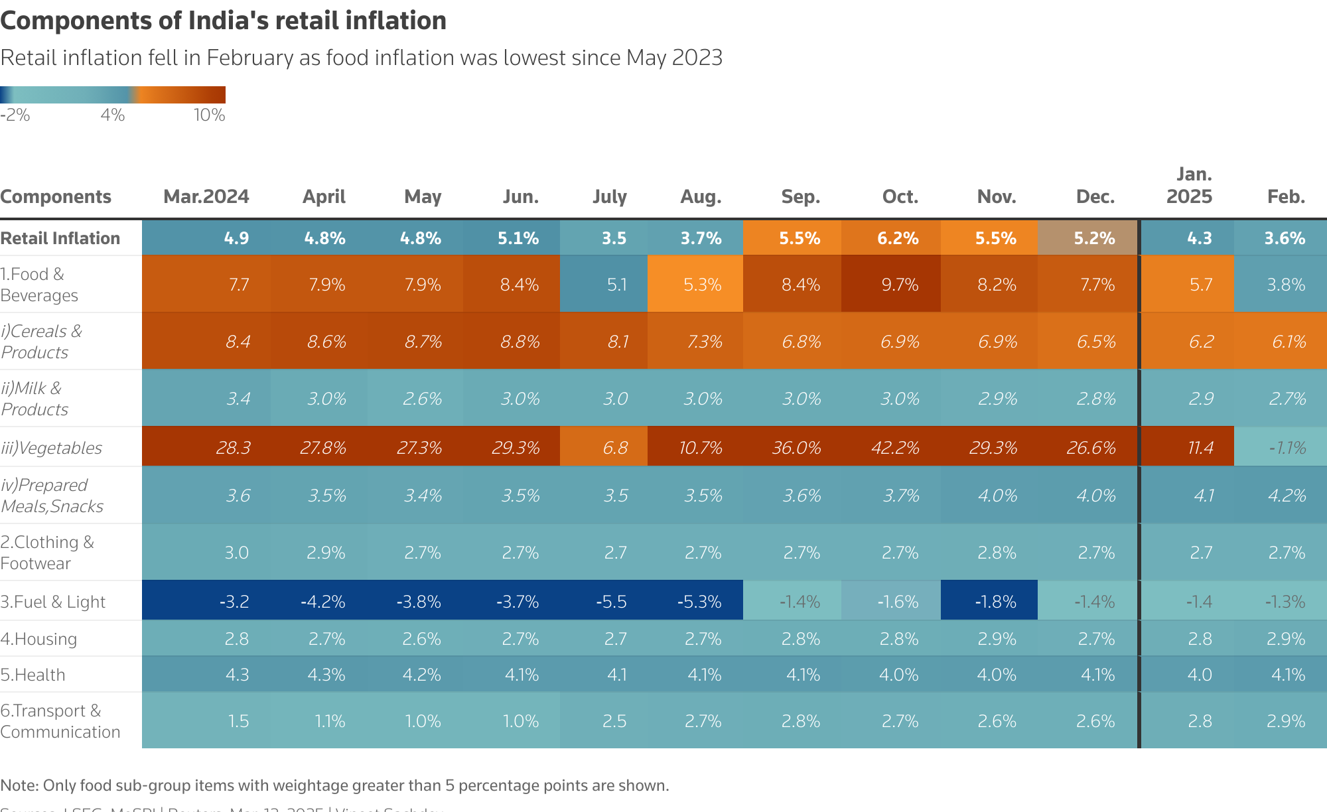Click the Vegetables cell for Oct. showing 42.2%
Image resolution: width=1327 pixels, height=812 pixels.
click(x=895, y=448)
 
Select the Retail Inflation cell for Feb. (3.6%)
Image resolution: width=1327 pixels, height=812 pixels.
click(x=1285, y=238)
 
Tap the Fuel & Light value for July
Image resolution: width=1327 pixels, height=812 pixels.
click(x=611, y=602)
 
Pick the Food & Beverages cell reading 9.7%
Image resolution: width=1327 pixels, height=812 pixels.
click(x=900, y=285)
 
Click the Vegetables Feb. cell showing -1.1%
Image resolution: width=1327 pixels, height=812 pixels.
click(x=1287, y=448)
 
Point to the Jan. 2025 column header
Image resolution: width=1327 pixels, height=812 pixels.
click(x=1190, y=185)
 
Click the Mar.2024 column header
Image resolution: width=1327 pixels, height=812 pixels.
click(x=206, y=196)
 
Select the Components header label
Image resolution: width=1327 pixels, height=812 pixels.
click(x=56, y=196)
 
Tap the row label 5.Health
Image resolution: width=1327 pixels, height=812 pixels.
click(x=33, y=675)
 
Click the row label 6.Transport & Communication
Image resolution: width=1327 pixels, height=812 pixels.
click(x=60, y=721)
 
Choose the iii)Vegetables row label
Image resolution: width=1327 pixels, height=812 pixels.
click(x=52, y=448)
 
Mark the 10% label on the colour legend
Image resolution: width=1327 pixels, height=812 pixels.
click(x=209, y=115)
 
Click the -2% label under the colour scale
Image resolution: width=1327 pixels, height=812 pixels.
click(x=15, y=115)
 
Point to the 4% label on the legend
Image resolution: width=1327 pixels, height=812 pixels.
click(x=113, y=115)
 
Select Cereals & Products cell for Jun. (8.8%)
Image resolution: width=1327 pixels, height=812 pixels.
click(x=520, y=342)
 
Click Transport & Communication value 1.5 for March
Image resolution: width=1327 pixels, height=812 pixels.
click(x=238, y=721)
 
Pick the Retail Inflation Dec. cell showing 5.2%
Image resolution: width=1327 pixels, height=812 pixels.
click(x=1094, y=238)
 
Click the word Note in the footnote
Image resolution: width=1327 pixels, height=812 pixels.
click(x=19, y=785)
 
